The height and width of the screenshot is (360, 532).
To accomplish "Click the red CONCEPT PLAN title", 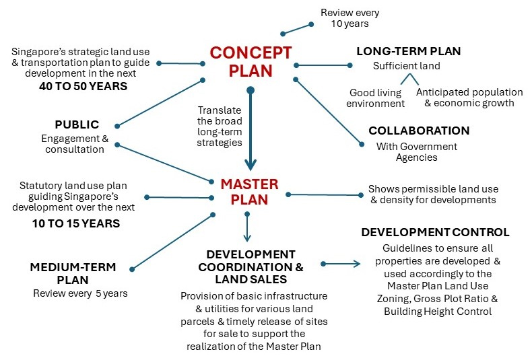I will click(x=250, y=61).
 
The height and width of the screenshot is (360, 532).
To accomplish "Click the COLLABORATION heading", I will click(x=418, y=131).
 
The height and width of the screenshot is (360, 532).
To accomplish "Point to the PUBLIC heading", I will click(x=77, y=124).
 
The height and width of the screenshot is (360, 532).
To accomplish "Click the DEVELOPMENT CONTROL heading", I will click(x=435, y=232).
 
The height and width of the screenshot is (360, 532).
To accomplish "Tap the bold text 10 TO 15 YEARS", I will click(x=75, y=223).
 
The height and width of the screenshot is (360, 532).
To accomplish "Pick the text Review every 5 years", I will click(x=80, y=293).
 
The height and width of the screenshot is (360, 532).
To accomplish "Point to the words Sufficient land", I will click(x=406, y=66).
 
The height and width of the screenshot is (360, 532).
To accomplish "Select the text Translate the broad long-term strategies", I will click(x=220, y=126).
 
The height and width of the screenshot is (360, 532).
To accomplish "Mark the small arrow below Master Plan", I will click(x=247, y=227).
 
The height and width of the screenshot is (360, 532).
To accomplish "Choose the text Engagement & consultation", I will click(x=75, y=144).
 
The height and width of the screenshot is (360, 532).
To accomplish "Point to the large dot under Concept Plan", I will click(x=250, y=89).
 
